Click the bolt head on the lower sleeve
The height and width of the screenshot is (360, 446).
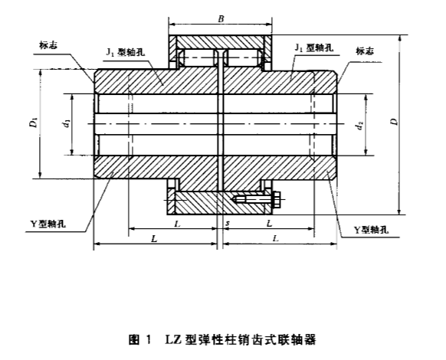274,201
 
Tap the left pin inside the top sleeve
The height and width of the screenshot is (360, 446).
198,57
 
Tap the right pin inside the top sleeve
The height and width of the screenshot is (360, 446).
243,57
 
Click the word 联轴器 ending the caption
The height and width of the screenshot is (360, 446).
300,337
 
